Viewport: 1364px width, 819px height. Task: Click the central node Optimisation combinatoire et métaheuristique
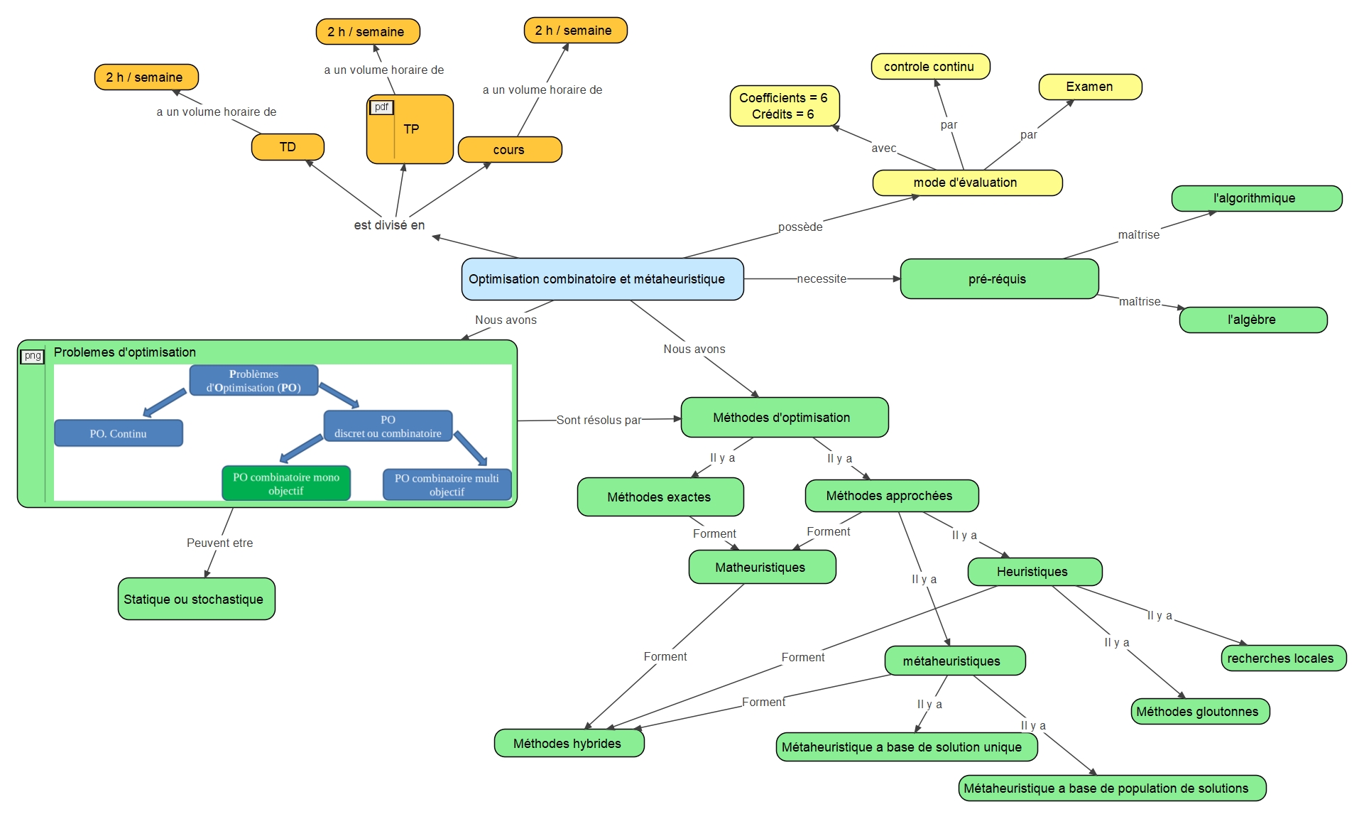point(602,279)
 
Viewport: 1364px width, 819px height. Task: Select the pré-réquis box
point(998,279)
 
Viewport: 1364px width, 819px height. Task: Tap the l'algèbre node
point(1253,320)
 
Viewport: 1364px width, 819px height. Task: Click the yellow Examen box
point(1089,87)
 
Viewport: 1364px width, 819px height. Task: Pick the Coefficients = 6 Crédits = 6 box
point(784,106)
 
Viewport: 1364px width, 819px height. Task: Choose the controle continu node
point(929,67)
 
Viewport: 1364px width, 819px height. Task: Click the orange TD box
point(288,147)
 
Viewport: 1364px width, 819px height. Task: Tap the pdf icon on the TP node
point(381,107)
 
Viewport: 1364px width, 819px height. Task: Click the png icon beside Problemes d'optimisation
point(33,356)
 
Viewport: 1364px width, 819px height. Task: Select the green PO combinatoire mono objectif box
point(286,484)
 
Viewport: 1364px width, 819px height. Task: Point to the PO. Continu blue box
point(119,433)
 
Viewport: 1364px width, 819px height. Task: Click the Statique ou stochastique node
point(195,599)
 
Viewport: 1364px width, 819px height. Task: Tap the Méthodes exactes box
point(660,497)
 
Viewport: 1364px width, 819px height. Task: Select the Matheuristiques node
point(761,568)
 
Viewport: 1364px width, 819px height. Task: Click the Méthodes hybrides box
point(568,743)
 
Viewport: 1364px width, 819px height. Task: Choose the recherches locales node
point(1282,658)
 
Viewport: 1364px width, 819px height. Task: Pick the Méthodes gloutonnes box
point(1199,712)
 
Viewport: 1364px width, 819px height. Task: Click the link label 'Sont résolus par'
point(598,421)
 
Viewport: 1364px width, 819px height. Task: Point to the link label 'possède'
point(800,227)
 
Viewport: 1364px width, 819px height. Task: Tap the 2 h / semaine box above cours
point(574,31)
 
